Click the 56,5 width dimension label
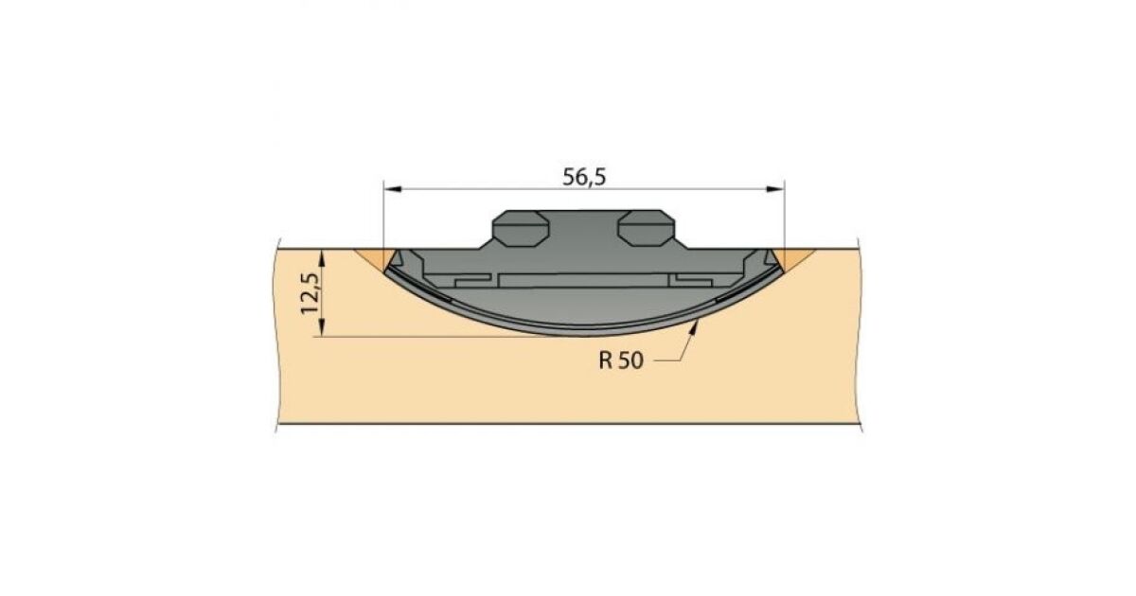584,177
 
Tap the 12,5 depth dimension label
311,294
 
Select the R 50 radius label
621,360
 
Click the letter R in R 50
605,360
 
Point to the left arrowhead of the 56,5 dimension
393,189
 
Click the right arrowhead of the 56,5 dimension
775,189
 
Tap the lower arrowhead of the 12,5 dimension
321,327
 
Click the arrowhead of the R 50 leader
694,329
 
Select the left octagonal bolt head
521,228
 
